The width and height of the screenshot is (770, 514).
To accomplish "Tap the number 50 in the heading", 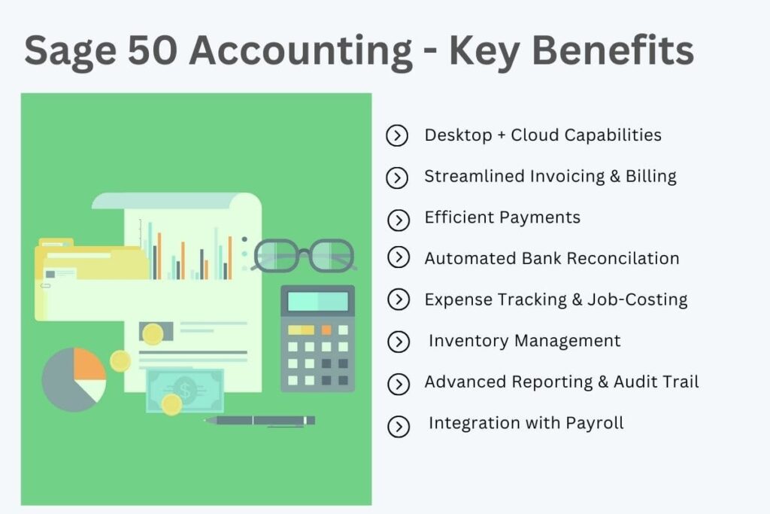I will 156,51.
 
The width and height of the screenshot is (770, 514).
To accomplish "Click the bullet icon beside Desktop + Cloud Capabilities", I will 396,136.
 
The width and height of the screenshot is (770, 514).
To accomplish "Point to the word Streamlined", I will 474,176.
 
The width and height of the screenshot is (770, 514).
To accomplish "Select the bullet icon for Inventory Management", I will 398,342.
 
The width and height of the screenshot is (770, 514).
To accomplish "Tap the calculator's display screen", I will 317,302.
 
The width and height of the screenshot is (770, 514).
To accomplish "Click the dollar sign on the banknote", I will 184,389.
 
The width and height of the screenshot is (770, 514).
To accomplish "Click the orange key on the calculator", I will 326,330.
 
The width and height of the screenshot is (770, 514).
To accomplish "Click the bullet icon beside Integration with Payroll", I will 398,427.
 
